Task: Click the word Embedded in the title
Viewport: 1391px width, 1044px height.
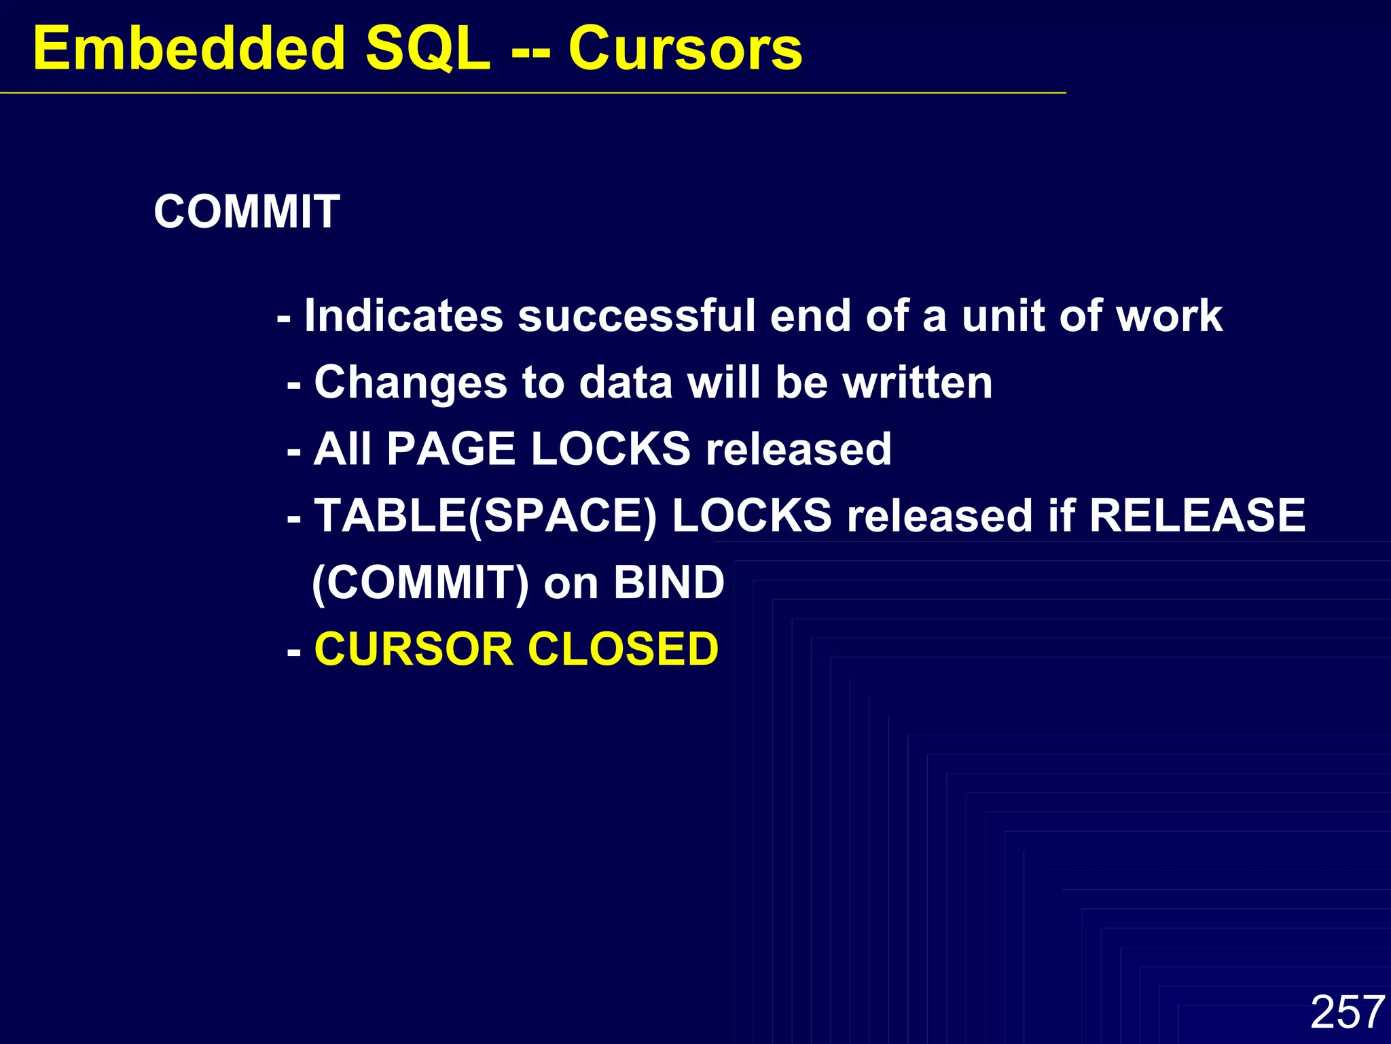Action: [189, 49]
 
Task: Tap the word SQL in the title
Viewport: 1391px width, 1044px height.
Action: [428, 49]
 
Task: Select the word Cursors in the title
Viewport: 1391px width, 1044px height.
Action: [685, 49]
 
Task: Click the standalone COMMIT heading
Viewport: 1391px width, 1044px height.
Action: [247, 211]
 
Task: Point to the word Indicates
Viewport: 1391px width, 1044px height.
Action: [403, 316]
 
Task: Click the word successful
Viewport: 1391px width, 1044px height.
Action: [636, 316]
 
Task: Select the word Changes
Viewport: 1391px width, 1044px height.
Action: [410, 382]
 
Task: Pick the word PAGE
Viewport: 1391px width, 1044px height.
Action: [451, 449]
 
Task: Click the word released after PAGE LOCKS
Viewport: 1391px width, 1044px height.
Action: [798, 449]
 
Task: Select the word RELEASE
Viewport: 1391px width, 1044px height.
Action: [1197, 515]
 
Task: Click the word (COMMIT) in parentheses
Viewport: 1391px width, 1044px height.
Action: [420, 583]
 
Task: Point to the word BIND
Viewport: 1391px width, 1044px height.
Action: [669, 582]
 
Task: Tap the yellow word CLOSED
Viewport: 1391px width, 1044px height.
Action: [623, 649]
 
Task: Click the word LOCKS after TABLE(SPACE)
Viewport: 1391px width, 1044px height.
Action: [752, 515]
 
